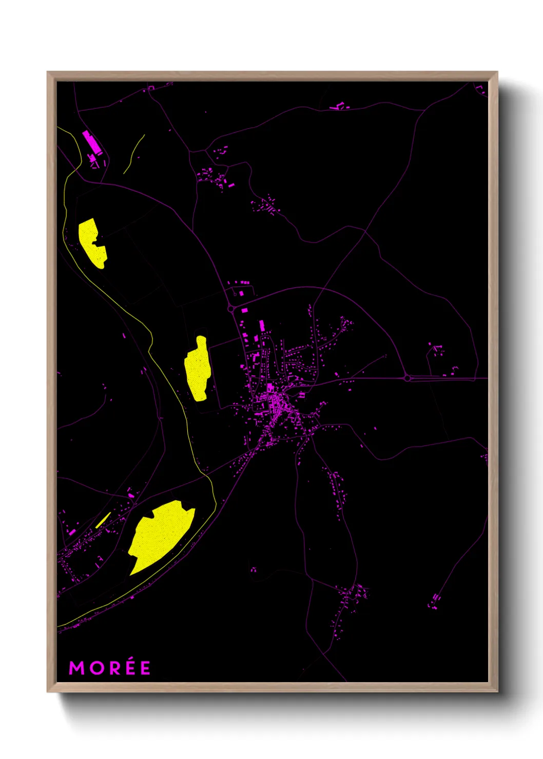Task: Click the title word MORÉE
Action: pos(110,668)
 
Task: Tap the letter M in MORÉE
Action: pos(76,668)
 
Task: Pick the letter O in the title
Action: pos(95,668)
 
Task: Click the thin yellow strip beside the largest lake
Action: pos(103,520)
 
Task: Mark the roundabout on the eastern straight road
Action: pos(408,378)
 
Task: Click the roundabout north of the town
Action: pos(230,309)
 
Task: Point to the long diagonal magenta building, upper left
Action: pos(91,141)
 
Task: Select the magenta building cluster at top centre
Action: pos(339,107)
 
